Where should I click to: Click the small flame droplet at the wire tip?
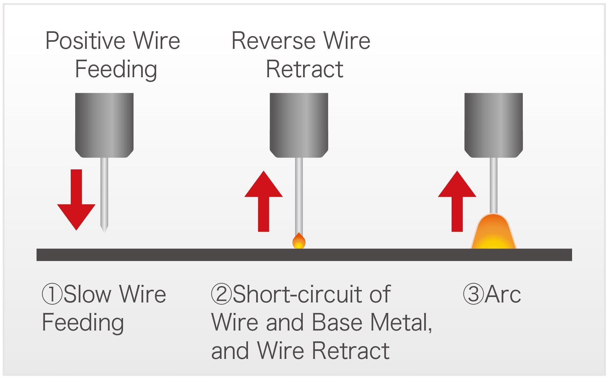point(299,242)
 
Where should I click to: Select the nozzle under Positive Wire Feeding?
point(104,124)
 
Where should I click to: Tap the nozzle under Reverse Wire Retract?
point(299,124)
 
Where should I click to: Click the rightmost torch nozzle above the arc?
point(493,124)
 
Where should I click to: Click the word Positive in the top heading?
point(85,41)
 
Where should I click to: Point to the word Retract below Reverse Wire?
point(304,69)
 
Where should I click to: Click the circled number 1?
point(52,294)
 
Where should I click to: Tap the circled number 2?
point(221,294)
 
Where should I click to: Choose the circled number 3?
point(473,294)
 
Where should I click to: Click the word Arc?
point(503,294)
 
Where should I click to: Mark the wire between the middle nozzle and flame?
point(299,195)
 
